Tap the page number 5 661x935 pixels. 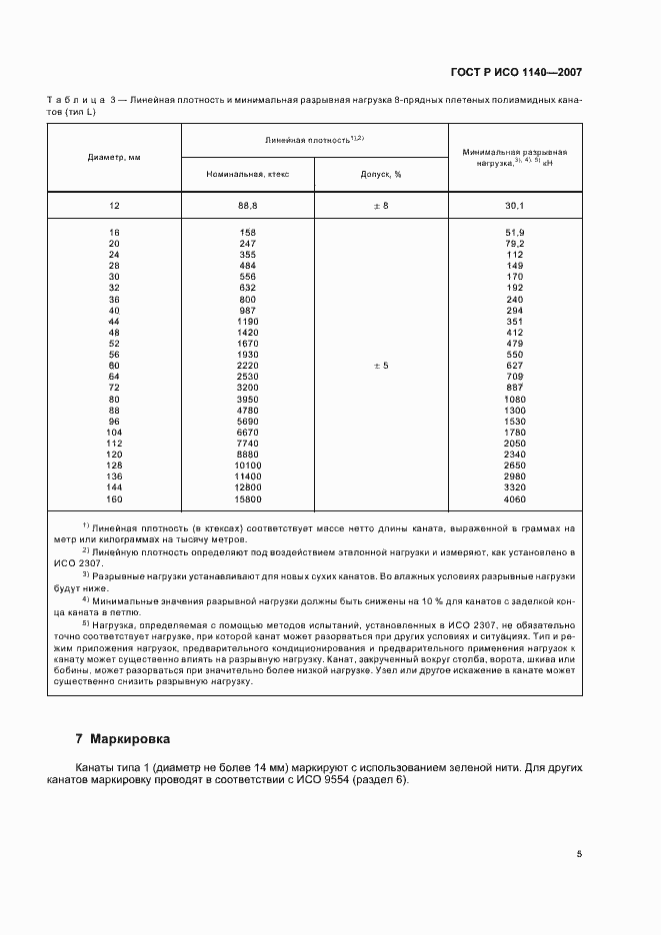(579, 854)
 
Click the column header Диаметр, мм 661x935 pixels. (113, 157)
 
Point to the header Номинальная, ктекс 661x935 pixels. (247, 174)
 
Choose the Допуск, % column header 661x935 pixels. (380, 174)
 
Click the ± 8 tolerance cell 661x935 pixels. (380, 205)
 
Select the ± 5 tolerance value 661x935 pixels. (380, 366)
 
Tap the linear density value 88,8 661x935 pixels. (247, 205)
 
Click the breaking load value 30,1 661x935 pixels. (515, 205)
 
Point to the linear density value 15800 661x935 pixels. (247, 498)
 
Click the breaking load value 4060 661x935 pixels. (515, 498)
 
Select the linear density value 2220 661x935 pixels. (247, 366)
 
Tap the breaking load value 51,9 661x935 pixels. (515, 233)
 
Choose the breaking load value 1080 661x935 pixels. (515, 399)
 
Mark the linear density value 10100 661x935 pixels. (247, 466)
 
